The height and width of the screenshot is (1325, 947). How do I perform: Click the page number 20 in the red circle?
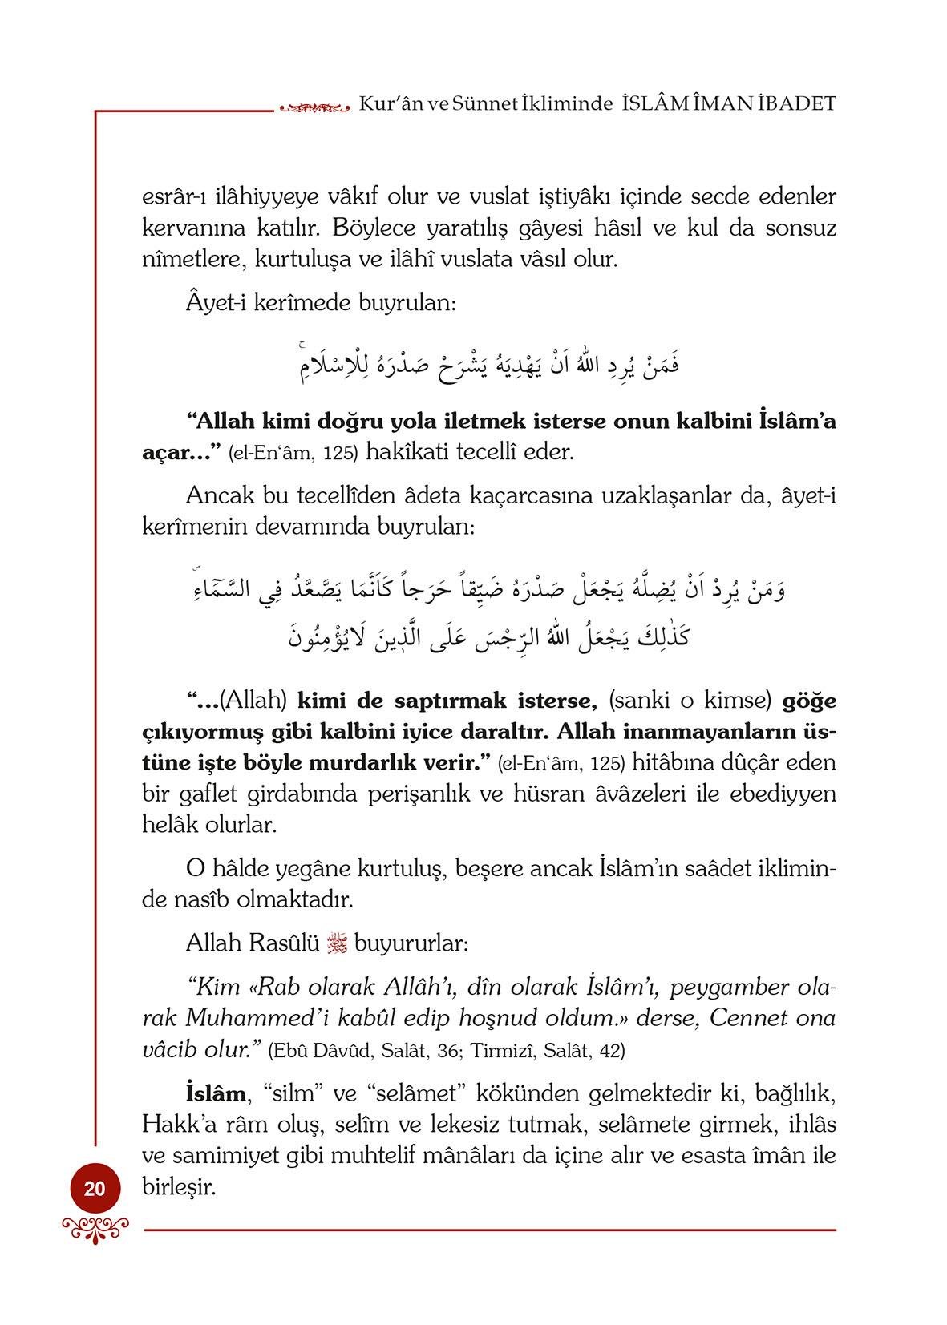pos(95,1188)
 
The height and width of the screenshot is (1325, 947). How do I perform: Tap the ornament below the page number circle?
pos(95,1228)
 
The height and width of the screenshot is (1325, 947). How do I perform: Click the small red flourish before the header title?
pos(313,105)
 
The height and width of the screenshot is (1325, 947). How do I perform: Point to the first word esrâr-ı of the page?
pos(175,196)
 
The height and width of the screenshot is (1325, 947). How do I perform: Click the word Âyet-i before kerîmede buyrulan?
pos(215,304)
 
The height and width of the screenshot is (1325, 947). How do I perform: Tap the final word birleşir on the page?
pos(180,1187)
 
